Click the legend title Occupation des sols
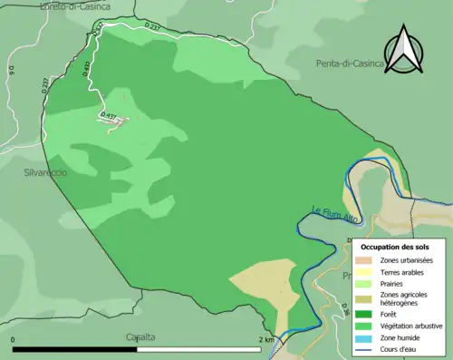395,247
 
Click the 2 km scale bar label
265,340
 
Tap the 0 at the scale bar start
14,340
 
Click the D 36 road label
345,311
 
